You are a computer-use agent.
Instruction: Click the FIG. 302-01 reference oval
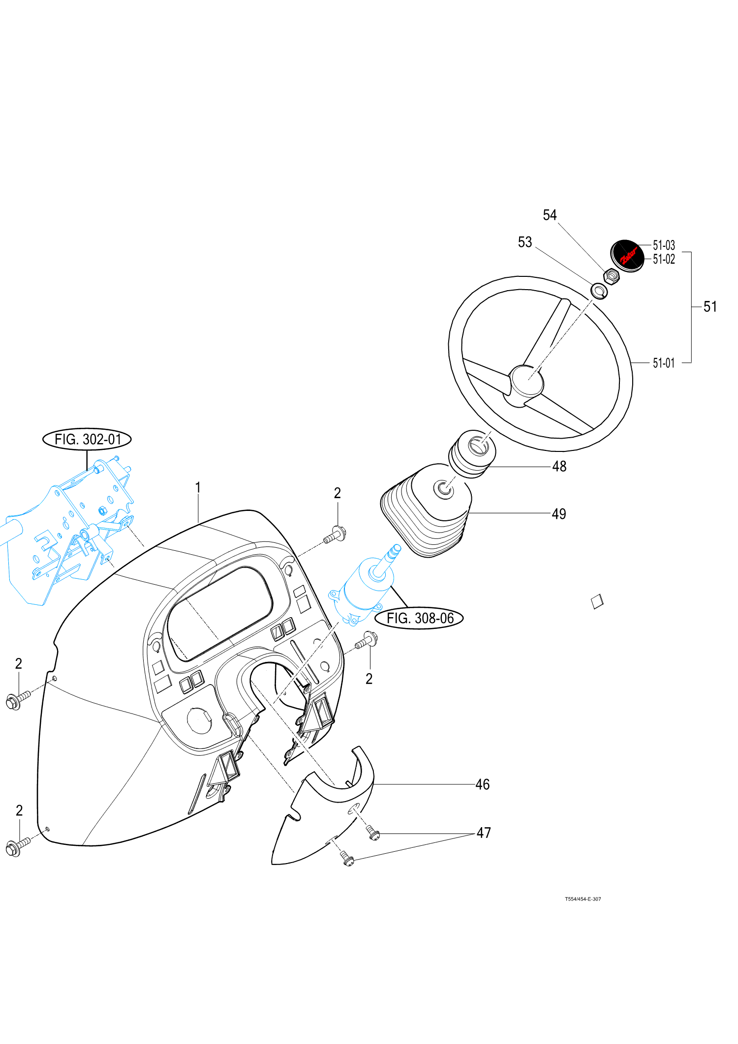tap(87, 439)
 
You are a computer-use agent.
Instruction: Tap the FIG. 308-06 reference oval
tap(419, 618)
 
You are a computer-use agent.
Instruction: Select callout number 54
tap(550, 215)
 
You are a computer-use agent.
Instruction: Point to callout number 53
tap(525, 242)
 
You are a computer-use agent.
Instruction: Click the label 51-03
tap(664, 245)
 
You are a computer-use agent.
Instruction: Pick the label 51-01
tap(664, 363)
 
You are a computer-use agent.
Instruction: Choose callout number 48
tap(559, 466)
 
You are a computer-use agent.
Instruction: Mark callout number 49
tap(558, 514)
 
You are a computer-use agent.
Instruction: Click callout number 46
tap(482, 784)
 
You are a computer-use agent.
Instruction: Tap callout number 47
tap(484, 833)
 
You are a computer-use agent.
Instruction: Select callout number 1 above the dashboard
tap(198, 487)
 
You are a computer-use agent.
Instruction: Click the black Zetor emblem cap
tap(627, 255)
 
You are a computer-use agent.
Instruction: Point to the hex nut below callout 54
tap(611, 276)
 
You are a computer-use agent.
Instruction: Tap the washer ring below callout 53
tap(599, 291)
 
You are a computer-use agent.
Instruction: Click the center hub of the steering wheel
tap(527, 381)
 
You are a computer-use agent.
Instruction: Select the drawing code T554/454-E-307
tap(583, 899)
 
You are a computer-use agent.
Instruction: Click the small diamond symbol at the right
tap(597, 601)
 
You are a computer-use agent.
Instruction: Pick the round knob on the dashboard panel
tap(199, 721)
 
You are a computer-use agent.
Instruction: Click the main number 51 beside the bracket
tap(710, 307)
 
